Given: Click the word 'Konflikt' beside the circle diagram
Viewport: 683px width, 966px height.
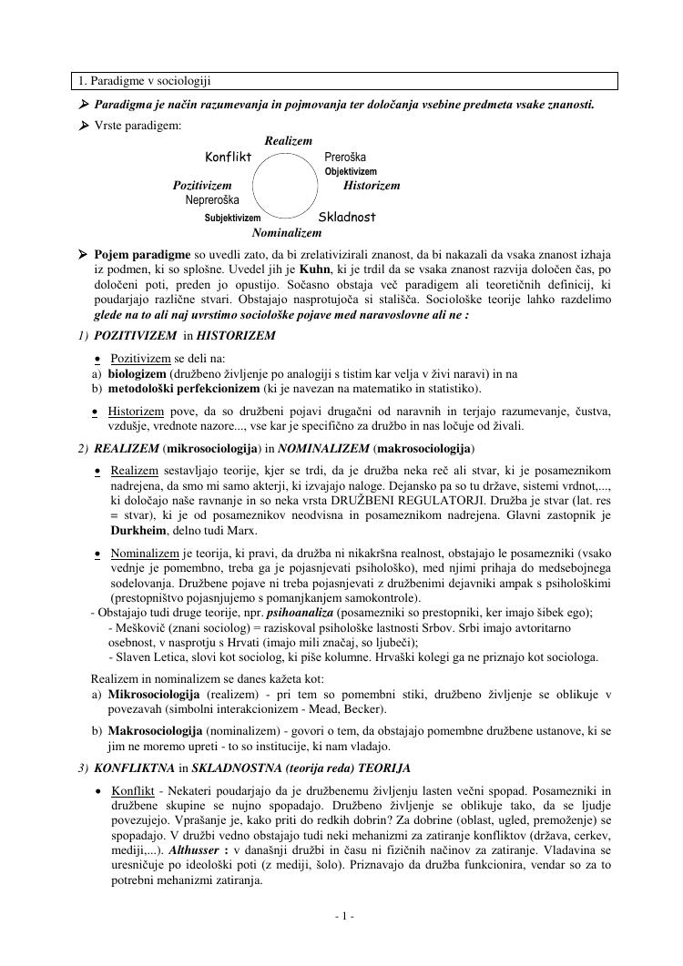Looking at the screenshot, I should tap(228, 157).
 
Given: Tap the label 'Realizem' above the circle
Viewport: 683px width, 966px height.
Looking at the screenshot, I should tap(288, 141).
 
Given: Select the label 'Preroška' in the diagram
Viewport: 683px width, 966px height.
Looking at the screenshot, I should tap(345, 157).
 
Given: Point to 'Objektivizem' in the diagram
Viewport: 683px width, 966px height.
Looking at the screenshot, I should tap(351, 171).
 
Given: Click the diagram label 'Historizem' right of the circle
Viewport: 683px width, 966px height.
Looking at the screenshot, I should tap(372, 186).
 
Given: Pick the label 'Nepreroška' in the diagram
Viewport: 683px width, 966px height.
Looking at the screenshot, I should tap(212, 199).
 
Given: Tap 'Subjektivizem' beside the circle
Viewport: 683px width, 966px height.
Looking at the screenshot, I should tap(232, 219).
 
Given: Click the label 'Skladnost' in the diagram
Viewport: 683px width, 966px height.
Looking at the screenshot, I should tap(347, 219).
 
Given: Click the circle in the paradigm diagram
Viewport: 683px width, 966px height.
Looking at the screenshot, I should tap(287, 185).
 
